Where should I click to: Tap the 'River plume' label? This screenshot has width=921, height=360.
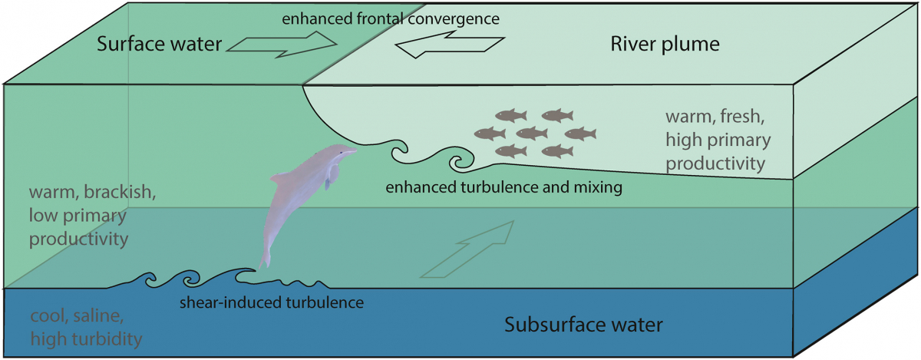(x=665, y=44)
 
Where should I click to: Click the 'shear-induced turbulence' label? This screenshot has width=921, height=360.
(x=271, y=302)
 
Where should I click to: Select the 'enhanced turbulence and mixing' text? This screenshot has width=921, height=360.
(x=503, y=187)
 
